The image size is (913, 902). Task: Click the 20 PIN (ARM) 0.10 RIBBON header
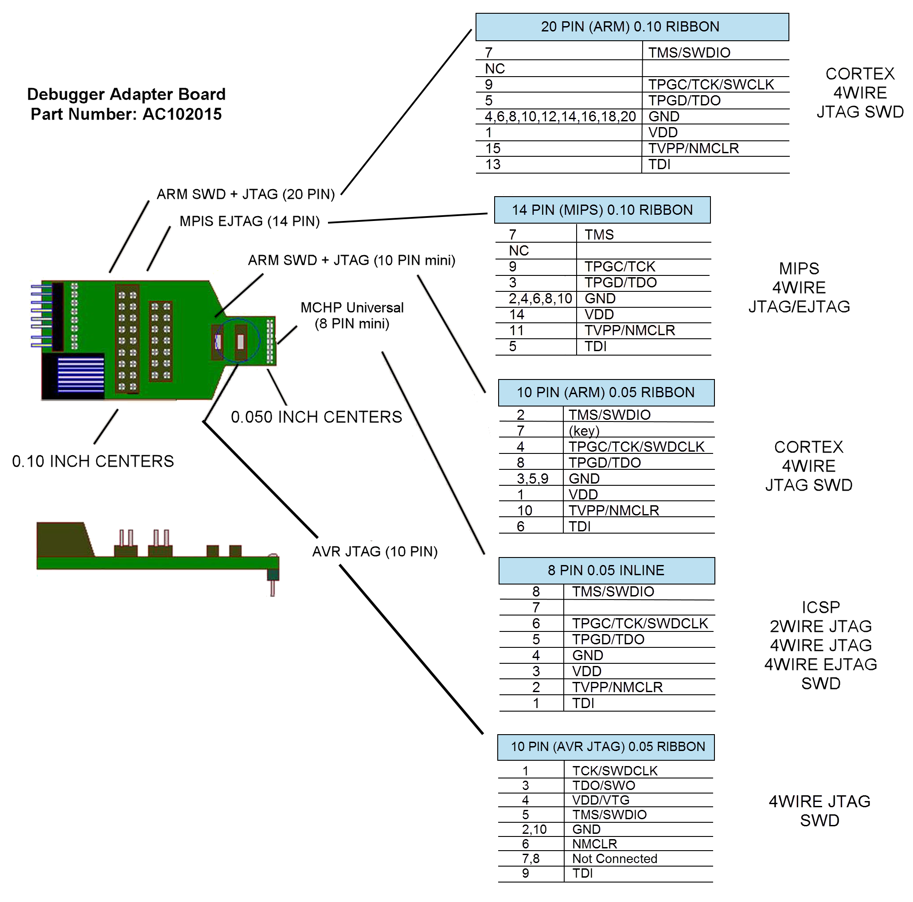tap(632, 27)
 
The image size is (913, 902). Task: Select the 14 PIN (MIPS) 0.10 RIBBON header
tap(602, 210)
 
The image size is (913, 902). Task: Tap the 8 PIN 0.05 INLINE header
tap(606, 570)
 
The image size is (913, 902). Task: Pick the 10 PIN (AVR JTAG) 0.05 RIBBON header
tap(606, 747)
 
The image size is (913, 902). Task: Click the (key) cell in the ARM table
tap(584, 431)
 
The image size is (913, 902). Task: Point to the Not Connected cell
tap(614, 859)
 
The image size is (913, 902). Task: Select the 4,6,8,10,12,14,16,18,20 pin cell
tap(560, 116)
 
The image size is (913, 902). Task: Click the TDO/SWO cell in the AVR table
tap(604, 786)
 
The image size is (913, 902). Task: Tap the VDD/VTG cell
tap(601, 801)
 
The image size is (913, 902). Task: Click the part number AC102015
tap(182, 114)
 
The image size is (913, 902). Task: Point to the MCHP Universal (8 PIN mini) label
tap(352, 316)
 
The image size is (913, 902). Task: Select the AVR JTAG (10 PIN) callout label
tap(375, 552)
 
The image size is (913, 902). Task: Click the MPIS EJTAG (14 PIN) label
tap(250, 221)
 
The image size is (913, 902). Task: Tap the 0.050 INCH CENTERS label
tap(316, 418)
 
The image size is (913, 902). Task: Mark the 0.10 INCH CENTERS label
tap(93, 461)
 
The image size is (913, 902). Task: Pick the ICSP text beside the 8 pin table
tap(820, 608)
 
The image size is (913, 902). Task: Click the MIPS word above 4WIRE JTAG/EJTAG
tap(799, 269)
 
